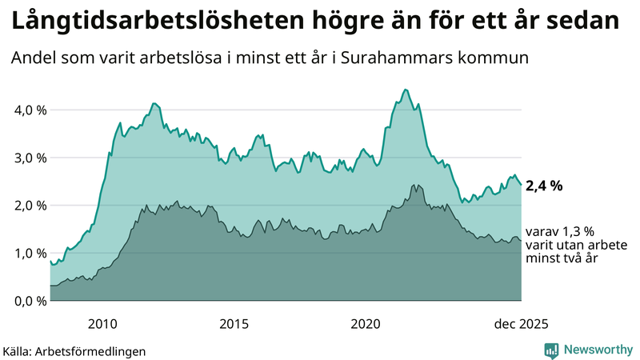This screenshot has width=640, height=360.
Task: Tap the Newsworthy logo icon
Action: click(551, 350)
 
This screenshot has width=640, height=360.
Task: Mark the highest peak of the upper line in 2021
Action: click(406, 90)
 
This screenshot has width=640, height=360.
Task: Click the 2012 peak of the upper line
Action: click(154, 103)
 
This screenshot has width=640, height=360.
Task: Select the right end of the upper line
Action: click(521, 185)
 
